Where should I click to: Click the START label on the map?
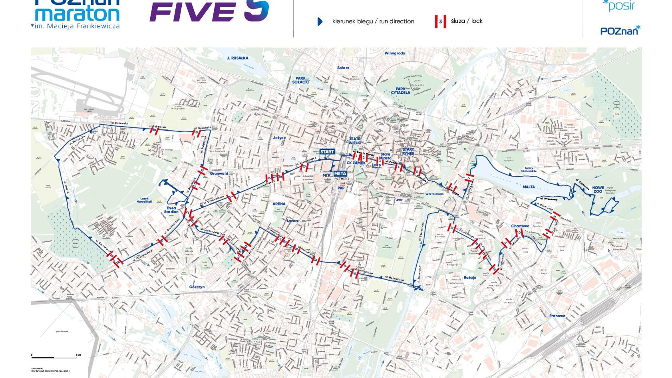coord(327,152)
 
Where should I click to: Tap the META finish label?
coord(340,173)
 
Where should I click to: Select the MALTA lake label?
coord(529,187)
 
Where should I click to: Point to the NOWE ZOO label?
coord(598,189)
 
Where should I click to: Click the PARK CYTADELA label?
coord(400,91)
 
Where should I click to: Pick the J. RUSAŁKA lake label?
coord(237,58)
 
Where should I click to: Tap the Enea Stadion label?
coord(171,210)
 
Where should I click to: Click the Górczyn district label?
coord(197,287)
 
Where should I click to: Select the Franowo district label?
coord(557,316)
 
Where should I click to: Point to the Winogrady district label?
coord(395,54)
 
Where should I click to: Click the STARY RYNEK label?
coord(408,151)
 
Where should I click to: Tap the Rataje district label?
coord(470,277)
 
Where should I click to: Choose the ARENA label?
coord(279,204)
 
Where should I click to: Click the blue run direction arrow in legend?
coord(320,22)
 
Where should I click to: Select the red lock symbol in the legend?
coord(440,22)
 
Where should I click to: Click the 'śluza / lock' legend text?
coord(467,21)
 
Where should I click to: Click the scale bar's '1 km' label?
coord(78,355)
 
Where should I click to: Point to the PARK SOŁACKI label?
coord(300,80)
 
